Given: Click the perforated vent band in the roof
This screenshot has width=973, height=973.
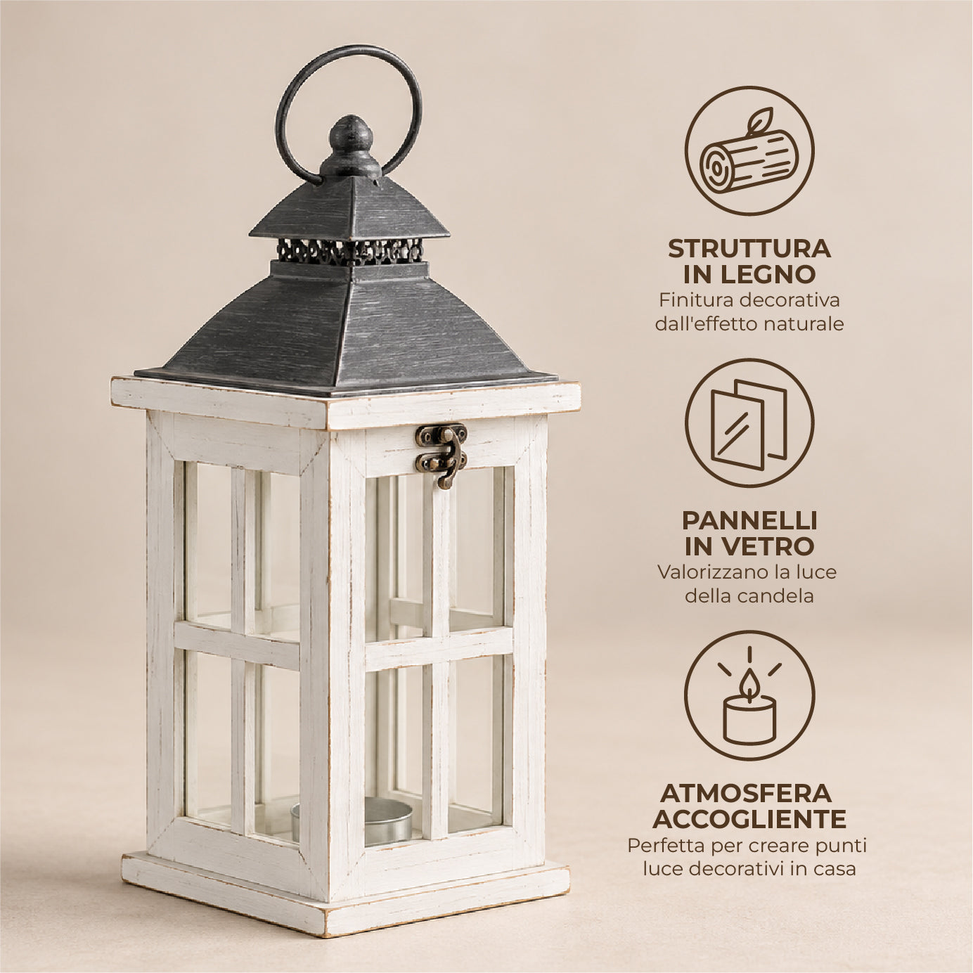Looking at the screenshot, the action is coord(350,251).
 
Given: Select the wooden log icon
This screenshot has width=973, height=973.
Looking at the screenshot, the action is coord(749,150).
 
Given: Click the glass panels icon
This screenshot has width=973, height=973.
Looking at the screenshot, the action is coord(749,423).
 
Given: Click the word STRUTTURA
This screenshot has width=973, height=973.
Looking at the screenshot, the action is coord(749,249).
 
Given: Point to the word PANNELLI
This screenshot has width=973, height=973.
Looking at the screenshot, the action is coord(749,521).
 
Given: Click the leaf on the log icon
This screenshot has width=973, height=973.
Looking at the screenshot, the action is coord(759,119).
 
